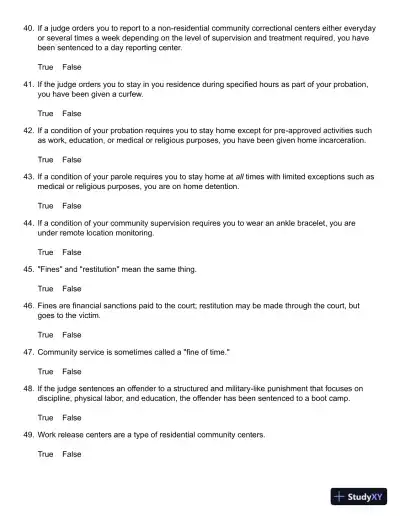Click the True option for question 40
click(x=46, y=66)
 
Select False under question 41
click(x=72, y=113)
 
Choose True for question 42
click(x=46, y=159)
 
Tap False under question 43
click(x=72, y=205)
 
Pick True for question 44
click(x=46, y=252)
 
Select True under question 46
click(x=46, y=334)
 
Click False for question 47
click(x=72, y=371)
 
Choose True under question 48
click(x=46, y=417)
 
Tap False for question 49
click(x=72, y=454)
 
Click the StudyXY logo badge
click(x=358, y=496)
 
